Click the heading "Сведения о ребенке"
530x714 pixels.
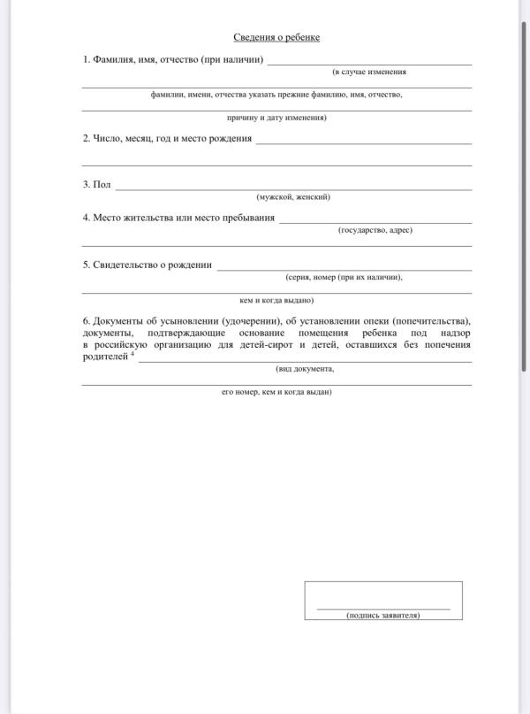[276, 37]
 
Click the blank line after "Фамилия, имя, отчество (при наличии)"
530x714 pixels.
[369, 65]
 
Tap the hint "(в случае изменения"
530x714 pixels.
[369, 71]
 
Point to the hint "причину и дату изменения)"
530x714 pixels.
[276, 117]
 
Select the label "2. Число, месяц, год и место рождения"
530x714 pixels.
[168, 138]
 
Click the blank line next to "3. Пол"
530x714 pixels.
[293, 189]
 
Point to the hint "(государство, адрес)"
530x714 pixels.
[375, 229]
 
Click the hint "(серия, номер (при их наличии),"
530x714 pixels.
[344, 277]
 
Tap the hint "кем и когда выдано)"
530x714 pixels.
[276, 300]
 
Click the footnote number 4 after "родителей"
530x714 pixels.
[132, 354]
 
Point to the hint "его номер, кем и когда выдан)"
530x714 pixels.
[276, 391]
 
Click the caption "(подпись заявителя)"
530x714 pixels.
[383, 615]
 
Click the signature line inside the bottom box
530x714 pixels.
[383, 609]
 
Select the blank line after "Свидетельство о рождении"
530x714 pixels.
[344, 270]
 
